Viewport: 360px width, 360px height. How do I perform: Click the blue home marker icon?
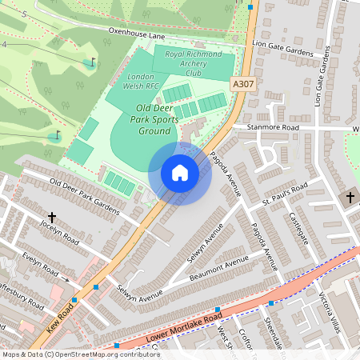coord(180,173)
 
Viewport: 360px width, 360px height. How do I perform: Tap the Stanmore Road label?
coord(272,127)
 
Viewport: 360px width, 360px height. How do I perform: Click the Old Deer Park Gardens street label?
coord(84,197)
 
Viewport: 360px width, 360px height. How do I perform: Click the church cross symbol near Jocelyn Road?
coord(52,218)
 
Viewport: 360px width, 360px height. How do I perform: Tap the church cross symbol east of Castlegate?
coord(350,198)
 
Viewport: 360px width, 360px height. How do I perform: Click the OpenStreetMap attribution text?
coord(80,354)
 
